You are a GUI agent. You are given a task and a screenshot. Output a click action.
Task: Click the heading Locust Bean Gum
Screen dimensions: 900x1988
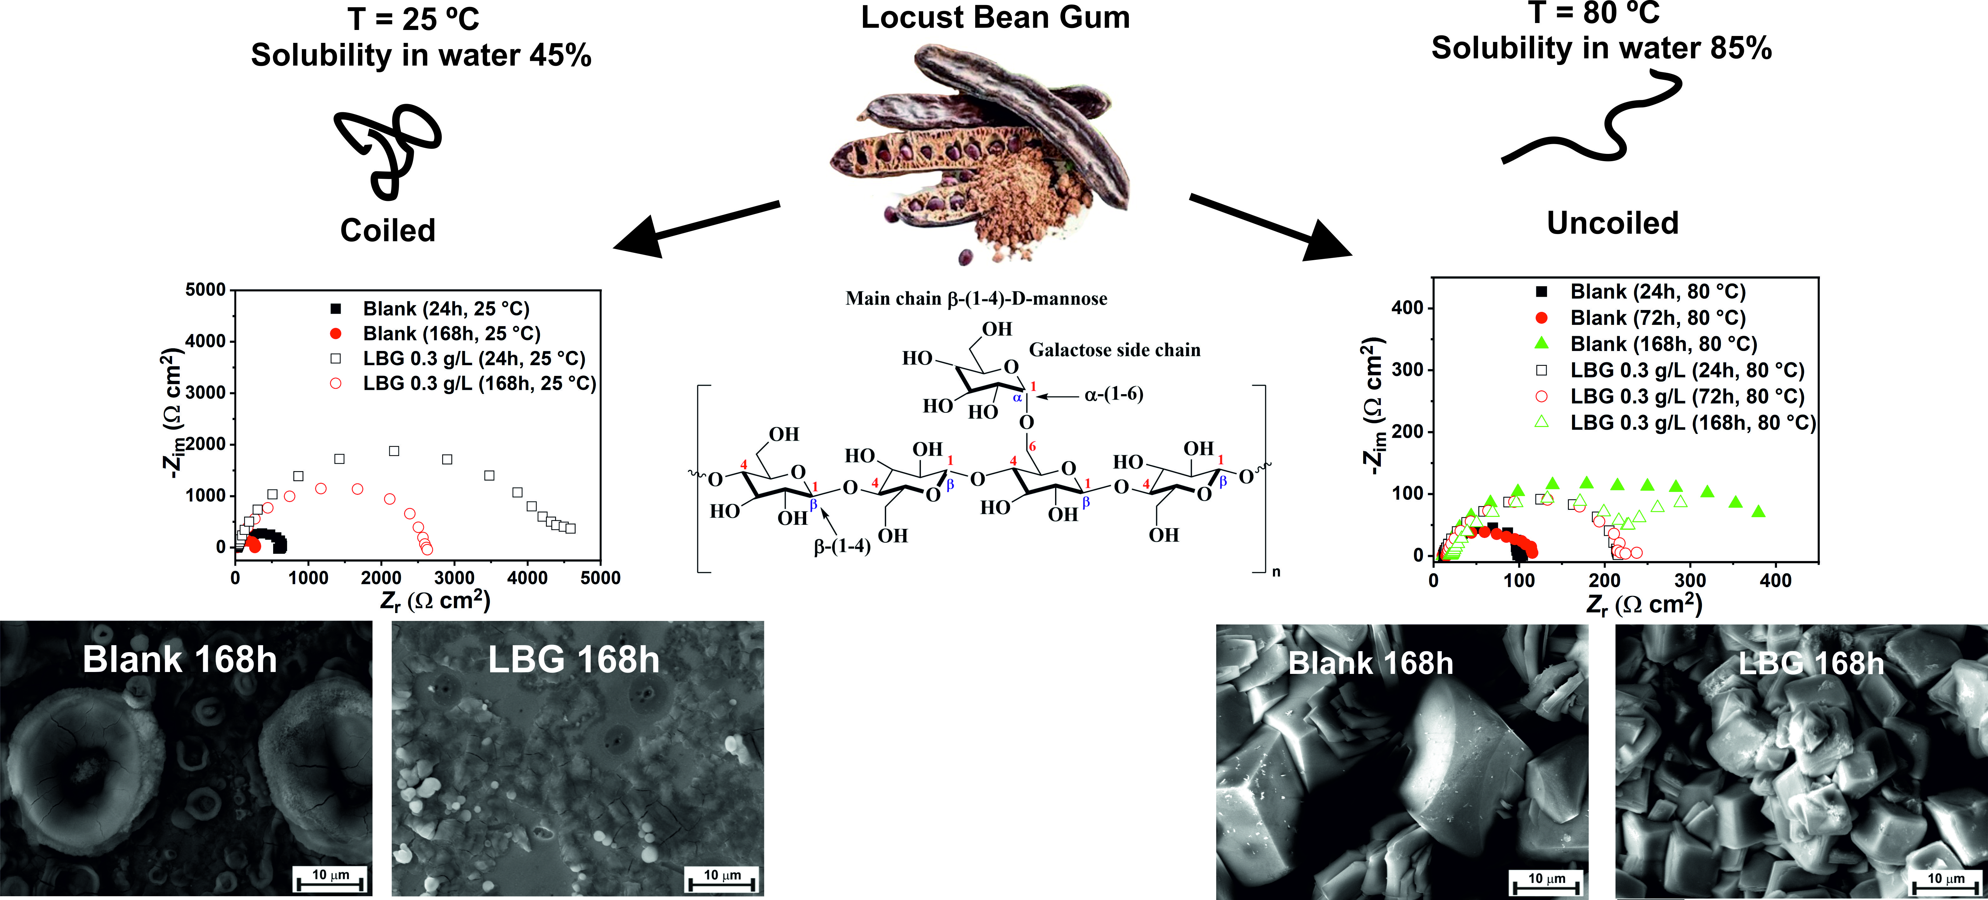click(x=995, y=18)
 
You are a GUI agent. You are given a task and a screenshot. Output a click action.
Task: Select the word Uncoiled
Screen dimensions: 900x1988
click(x=1612, y=223)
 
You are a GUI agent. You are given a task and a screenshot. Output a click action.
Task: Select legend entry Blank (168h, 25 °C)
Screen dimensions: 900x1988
click(x=451, y=333)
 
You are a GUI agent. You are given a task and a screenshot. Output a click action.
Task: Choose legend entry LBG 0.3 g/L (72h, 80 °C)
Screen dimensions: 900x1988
click(x=1686, y=397)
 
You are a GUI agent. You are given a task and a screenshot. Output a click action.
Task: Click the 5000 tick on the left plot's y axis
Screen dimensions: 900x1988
click(x=205, y=290)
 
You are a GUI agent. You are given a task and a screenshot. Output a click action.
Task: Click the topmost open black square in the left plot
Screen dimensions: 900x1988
click(x=394, y=451)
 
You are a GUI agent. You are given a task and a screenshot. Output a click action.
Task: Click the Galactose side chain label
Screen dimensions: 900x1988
click(x=1114, y=350)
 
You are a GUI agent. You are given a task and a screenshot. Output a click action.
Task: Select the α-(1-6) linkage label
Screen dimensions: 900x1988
click(x=1113, y=394)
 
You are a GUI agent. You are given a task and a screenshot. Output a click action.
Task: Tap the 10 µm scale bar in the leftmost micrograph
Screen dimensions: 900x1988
click(x=330, y=880)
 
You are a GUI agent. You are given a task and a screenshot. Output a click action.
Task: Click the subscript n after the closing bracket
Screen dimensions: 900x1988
click(x=1276, y=572)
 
